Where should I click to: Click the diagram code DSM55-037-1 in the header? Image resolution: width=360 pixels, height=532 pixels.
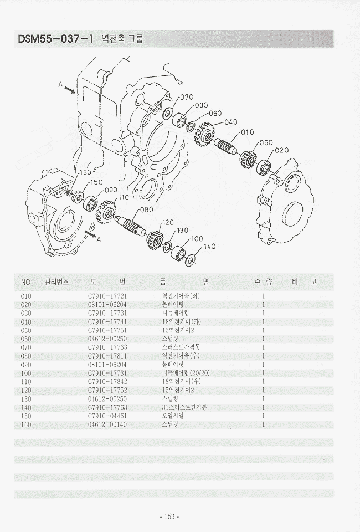pos(54,39)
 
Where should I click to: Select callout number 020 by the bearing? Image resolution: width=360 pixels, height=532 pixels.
pos(281,150)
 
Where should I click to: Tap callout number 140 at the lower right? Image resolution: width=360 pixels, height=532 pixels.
pos(209,247)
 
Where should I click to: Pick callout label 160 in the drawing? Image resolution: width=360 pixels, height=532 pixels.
pos(84,172)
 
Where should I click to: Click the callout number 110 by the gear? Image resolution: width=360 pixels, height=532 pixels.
pos(122,197)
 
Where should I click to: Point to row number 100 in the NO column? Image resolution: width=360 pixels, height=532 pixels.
pos(26,373)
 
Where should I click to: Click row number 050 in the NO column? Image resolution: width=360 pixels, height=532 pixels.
pos(26,330)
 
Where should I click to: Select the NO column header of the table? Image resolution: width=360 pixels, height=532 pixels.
pos(25,282)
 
